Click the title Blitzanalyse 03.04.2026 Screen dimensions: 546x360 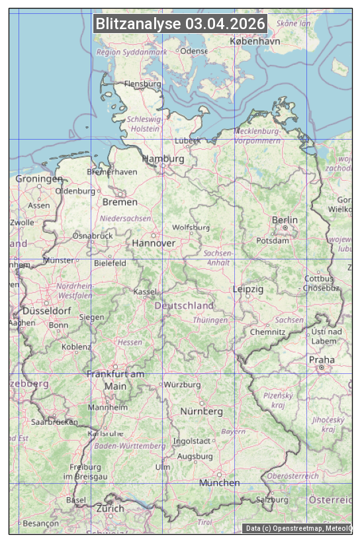[180, 24]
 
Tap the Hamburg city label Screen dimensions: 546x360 [163, 159]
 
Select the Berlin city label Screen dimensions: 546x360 [285, 220]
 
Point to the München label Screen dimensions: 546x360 [220, 482]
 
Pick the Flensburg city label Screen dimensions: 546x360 [143, 85]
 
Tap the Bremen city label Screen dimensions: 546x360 [120, 202]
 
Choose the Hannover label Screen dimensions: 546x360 [154, 243]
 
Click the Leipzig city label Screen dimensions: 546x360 [248, 289]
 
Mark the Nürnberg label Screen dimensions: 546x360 [202, 411]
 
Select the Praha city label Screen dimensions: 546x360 [321, 360]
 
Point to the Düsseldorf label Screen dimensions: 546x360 [46, 310]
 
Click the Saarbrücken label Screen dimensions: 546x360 [54, 422]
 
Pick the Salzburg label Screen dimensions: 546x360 [272, 500]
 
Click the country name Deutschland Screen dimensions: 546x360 [184, 306]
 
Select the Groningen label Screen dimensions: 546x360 [39, 179]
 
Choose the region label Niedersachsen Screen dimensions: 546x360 [125, 218]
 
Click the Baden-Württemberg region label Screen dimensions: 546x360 [130, 446]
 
